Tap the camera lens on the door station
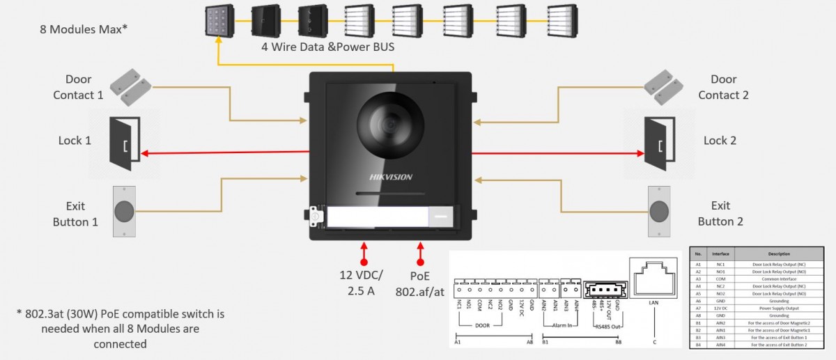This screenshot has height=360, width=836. (390, 125)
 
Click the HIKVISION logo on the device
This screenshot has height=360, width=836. (390, 177)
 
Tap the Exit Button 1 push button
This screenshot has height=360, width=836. (124, 211)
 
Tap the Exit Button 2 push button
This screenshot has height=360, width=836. (659, 211)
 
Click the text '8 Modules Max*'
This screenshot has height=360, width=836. (84, 30)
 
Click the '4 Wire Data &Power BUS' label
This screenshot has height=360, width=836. (328, 47)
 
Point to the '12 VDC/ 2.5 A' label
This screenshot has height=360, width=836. (362, 283)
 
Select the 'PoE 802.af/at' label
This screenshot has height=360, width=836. (420, 283)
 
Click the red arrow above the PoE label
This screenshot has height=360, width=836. (420, 251)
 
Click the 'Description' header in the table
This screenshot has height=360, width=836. (778, 254)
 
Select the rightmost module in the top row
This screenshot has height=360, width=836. (562, 22)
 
